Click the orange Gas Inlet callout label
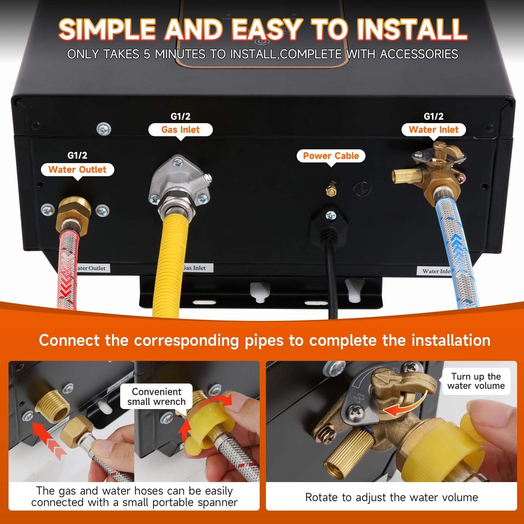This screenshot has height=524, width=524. [180, 130]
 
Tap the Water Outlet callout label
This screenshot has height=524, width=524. [78, 170]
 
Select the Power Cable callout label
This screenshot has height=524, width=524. [331, 156]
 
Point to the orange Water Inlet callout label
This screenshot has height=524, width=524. [434, 130]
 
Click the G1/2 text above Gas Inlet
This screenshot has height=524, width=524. [180, 117]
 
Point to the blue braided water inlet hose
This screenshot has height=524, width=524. [456, 252]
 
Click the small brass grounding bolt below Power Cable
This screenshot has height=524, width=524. [331, 189]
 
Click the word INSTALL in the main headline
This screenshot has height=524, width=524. [412, 30]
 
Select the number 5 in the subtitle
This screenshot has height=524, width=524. [147, 54]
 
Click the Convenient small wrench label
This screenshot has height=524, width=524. [157, 397]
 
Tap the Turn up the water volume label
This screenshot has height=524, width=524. [476, 381]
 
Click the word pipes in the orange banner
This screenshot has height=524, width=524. [264, 341]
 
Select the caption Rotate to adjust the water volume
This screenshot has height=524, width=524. [391, 497]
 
